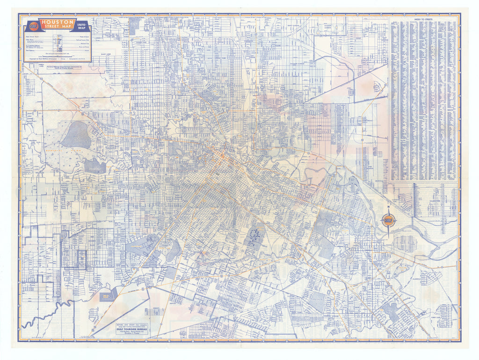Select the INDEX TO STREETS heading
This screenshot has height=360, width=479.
(x=424, y=19)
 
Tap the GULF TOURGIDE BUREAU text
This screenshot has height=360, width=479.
(x=133, y=328)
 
